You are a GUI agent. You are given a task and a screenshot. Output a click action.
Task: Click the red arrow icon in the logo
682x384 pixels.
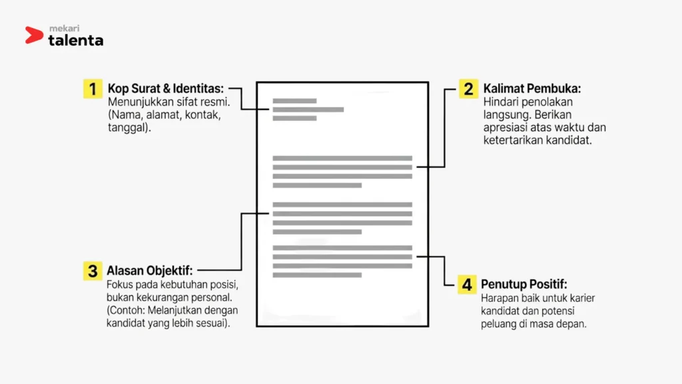pyautogui.click(x=33, y=35)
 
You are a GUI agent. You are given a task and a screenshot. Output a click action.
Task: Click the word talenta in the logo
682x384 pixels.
pyautogui.click(x=76, y=40)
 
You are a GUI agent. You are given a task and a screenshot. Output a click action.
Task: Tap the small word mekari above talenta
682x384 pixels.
pyautogui.click(x=65, y=28)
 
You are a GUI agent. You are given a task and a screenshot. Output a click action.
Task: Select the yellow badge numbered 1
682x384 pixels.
pyautogui.click(x=93, y=89)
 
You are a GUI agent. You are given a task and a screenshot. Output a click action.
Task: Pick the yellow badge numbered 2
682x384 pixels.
pyautogui.click(x=468, y=89)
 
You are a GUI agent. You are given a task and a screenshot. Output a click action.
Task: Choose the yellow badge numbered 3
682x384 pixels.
pyautogui.click(x=93, y=271)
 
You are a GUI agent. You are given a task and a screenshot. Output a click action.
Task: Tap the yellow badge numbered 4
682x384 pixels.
pyautogui.click(x=467, y=285)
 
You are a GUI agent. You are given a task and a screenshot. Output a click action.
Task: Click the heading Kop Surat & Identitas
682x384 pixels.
pyautogui.click(x=166, y=89)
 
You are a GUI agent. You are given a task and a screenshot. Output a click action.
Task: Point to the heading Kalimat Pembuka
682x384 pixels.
pyautogui.click(x=532, y=89)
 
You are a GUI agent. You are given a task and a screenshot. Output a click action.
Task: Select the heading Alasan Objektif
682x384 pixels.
pyautogui.click(x=150, y=271)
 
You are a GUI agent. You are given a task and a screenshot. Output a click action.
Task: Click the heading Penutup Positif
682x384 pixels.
pyautogui.click(x=524, y=284)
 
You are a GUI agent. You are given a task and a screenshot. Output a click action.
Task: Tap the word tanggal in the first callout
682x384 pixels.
pyautogui.click(x=127, y=128)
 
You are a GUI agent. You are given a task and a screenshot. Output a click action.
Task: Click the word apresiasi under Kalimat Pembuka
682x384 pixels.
pyautogui.click(x=505, y=128)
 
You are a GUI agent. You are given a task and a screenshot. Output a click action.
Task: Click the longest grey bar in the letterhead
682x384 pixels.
pyautogui.click(x=308, y=110)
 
